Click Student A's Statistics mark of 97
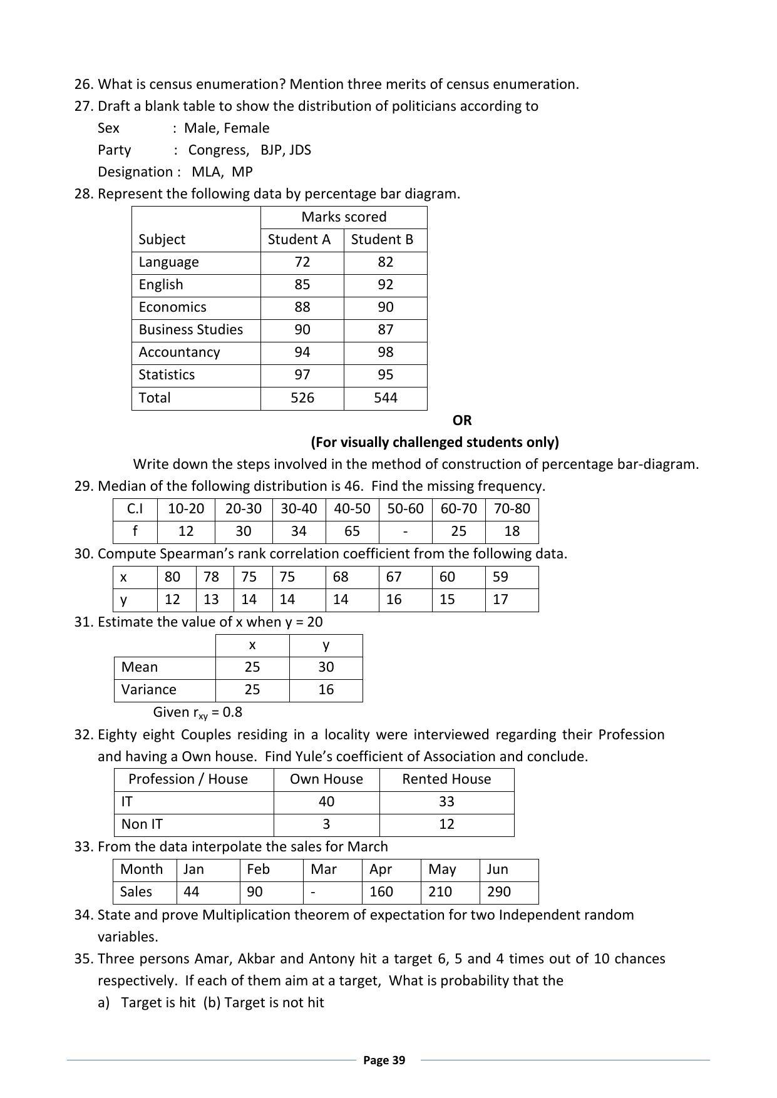[302, 375]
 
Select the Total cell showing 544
[385, 398]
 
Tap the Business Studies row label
[190, 330]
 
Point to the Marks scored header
[344, 217]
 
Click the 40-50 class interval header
[352, 509]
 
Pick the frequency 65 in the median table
[352, 531]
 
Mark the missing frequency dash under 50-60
[405, 531]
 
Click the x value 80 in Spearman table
[172, 577]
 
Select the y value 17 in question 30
[500, 600]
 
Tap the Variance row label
[148, 690]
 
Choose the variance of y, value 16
[326, 690]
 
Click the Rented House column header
[446, 779]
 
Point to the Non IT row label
[142, 824]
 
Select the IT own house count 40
[326, 802]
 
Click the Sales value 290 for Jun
[498, 892]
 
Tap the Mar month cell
[324, 870]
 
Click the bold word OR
[462, 421]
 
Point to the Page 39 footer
[384, 1060]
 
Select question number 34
[83, 915]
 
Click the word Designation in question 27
[135, 172]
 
